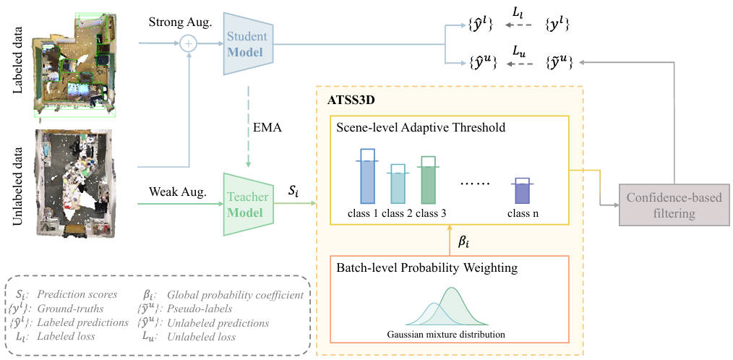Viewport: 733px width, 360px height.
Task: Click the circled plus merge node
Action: click(189, 44)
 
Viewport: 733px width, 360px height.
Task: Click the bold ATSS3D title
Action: click(353, 98)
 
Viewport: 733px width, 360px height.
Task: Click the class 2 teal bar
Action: click(398, 187)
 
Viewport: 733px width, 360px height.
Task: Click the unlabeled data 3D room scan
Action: click(75, 176)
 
